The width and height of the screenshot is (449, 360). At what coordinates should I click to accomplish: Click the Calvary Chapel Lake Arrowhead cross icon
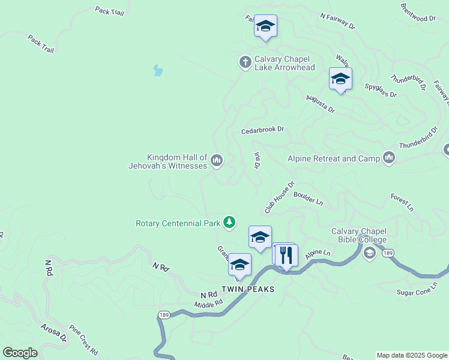[x=245, y=61]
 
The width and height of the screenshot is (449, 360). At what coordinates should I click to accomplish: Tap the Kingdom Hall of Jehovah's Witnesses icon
[x=217, y=160]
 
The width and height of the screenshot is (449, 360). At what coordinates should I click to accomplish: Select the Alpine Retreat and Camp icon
[x=390, y=158]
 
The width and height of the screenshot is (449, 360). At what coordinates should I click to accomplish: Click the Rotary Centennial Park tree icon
[x=229, y=223]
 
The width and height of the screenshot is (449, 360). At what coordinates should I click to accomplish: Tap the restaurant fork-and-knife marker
[x=286, y=255]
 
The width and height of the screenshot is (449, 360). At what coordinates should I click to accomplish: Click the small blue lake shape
[x=158, y=71]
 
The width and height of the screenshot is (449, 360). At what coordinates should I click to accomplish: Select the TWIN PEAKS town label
[x=248, y=289]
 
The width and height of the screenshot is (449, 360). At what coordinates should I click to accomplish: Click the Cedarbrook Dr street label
[x=262, y=130]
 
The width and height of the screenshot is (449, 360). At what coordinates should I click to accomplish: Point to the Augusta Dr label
[x=320, y=104]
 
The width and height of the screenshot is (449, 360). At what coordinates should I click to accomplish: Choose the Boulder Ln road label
[x=309, y=199]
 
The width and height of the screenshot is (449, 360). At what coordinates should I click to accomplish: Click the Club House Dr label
[x=280, y=197]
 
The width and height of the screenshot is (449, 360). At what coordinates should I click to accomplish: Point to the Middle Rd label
[x=203, y=305]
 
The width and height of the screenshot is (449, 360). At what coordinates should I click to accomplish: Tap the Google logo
[x=20, y=353]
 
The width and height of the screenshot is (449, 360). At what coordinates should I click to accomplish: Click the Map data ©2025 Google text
[x=411, y=355]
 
